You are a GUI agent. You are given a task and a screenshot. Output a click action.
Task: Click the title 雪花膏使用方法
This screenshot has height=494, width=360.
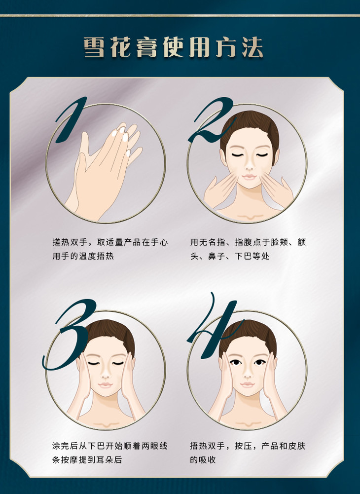[x=173, y=47]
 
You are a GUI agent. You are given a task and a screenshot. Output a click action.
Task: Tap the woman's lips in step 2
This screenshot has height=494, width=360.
[x=249, y=177]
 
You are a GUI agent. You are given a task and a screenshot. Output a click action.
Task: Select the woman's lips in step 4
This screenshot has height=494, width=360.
[x=247, y=385]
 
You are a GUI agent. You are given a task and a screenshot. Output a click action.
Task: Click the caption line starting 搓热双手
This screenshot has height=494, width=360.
[x=110, y=242]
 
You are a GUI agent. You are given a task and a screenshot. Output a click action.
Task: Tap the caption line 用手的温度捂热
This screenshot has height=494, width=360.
[x=83, y=256]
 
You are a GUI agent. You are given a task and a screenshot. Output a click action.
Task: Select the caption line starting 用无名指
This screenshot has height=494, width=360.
[x=248, y=242]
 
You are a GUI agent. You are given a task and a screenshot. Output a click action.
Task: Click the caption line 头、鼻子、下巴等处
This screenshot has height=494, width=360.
[x=230, y=256]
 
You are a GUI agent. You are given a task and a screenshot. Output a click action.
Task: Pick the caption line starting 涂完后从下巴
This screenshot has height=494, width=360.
[x=109, y=446]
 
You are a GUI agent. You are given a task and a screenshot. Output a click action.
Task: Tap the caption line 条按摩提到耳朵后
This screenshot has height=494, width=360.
[x=87, y=459]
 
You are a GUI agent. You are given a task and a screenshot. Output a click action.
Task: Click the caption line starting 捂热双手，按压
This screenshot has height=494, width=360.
[x=248, y=446]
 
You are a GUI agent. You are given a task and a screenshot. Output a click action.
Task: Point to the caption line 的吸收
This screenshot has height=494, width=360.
[x=203, y=459]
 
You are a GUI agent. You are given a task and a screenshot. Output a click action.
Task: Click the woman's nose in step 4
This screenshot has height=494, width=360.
[x=247, y=374]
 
